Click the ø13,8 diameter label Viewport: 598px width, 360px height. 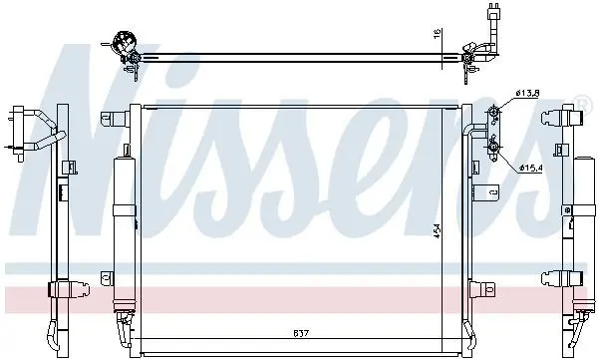526,93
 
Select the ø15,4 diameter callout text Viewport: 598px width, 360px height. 530,168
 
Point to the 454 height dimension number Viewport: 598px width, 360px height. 438,230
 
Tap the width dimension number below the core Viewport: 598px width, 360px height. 301,333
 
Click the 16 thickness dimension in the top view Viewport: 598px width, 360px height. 438,33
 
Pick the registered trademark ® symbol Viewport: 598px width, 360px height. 581,103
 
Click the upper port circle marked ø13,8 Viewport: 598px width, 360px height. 493,112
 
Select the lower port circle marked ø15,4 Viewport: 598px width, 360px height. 493,146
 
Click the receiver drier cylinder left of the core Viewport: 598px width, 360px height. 125,228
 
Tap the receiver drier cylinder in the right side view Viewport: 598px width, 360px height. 584,229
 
